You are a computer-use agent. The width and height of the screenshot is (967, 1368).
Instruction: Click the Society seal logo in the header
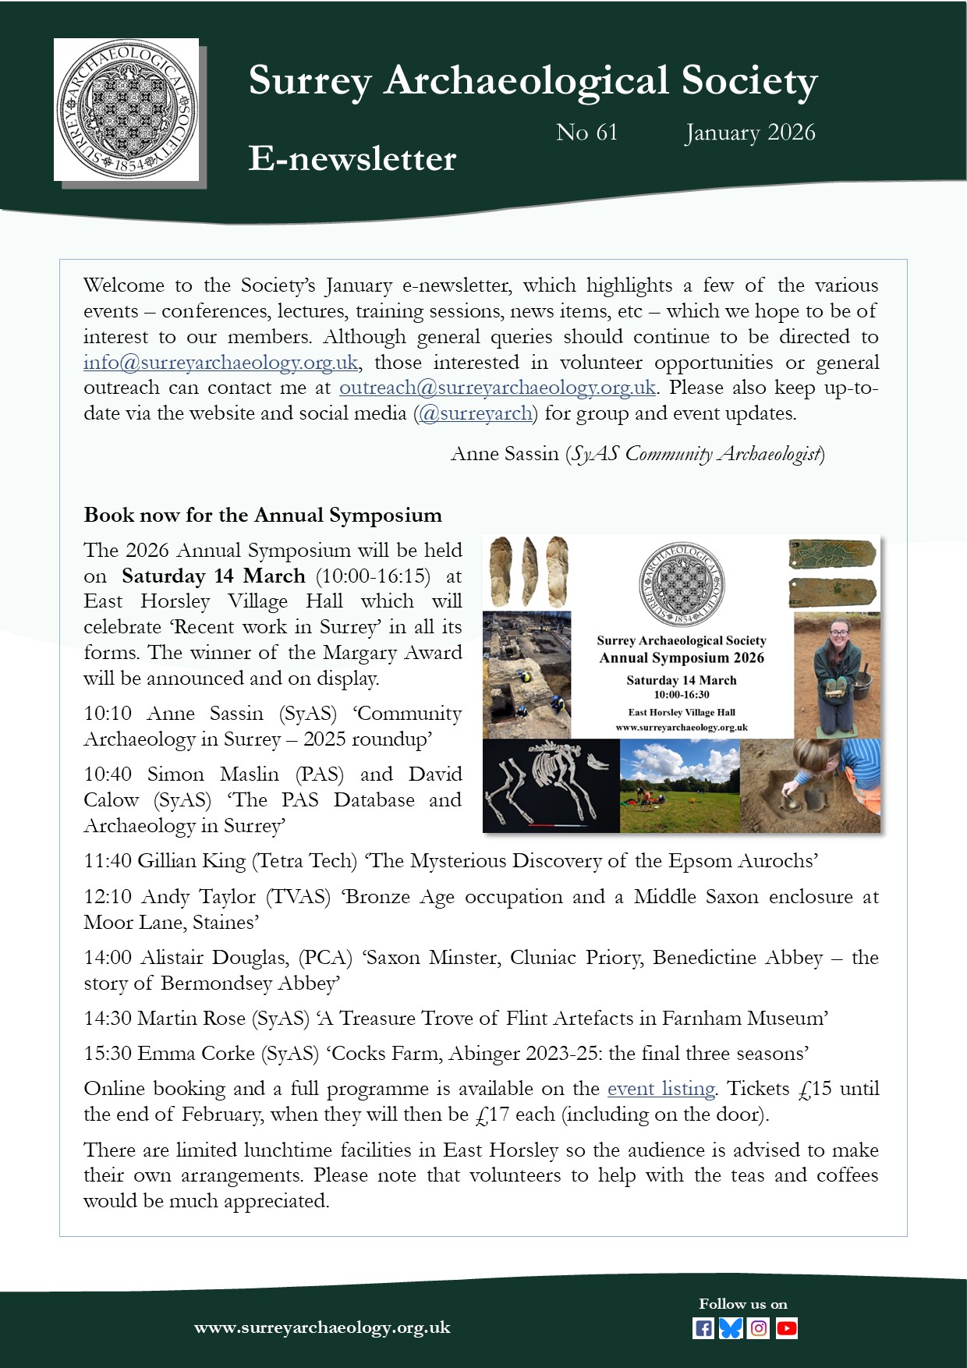(x=126, y=109)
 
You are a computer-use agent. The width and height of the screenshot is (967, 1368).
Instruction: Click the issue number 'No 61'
(x=586, y=133)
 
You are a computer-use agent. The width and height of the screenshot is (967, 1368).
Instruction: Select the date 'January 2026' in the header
(x=749, y=133)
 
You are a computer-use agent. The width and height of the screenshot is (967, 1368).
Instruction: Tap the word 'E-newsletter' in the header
(x=352, y=158)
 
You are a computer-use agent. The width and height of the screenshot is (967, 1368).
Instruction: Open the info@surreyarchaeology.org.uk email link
(x=221, y=363)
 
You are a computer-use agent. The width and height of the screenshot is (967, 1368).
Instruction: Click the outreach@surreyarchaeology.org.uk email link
(x=497, y=388)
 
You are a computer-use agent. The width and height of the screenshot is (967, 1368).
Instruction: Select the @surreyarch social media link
(x=476, y=413)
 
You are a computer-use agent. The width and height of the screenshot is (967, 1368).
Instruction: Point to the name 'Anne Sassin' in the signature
(x=505, y=454)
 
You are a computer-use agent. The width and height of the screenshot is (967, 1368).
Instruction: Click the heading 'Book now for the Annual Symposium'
(x=263, y=516)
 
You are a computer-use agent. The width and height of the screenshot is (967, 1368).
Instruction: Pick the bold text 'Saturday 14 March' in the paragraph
(x=213, y=576)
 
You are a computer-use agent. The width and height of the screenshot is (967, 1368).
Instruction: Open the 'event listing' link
(x=661, y=1089)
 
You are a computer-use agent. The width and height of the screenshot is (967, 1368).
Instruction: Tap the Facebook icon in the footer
(x=703, y=1328)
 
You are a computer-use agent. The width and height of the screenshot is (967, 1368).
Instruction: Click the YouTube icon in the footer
(x=787, y=1328)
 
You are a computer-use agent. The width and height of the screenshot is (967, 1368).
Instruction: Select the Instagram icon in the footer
(x=759, y=1328)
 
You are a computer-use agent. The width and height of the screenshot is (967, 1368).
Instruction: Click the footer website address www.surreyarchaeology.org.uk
(x=322, y=1327)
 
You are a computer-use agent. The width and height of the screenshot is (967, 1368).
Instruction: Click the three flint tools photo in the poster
(x=528, y=572)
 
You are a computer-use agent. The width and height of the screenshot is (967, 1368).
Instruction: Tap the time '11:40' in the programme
(x=108, y=861)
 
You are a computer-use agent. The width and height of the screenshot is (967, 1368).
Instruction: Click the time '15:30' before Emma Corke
(x=108, y=1054)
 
